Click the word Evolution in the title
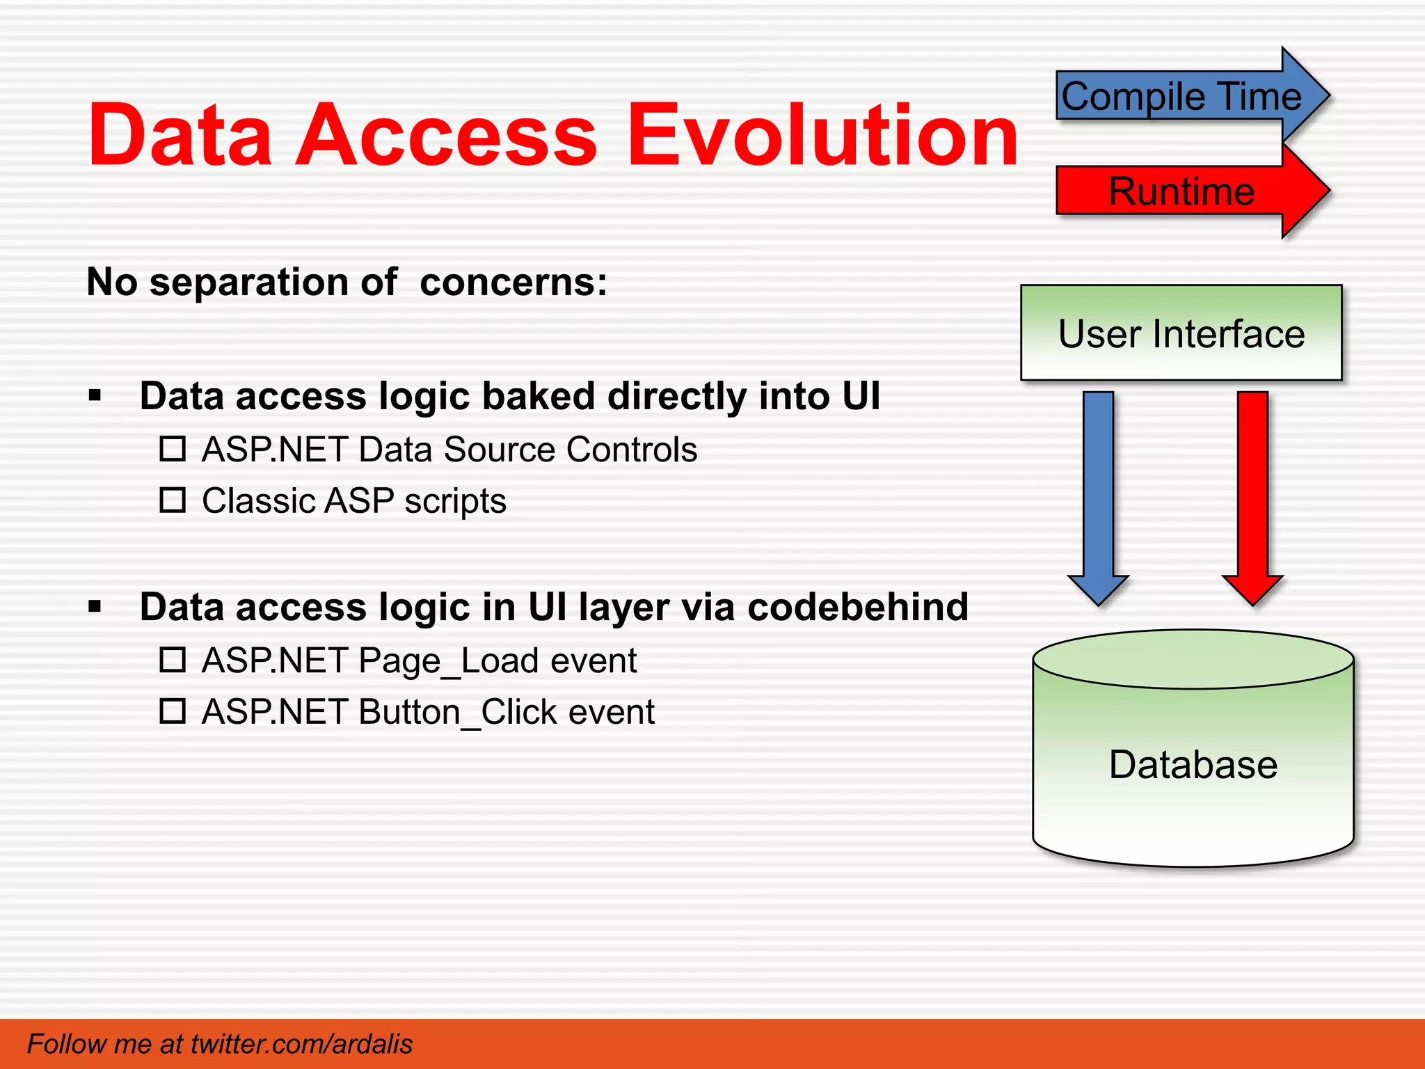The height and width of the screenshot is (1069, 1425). tap(823, 135)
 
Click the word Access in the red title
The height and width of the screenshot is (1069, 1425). tap(446, 135)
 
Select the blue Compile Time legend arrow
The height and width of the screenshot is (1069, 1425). tap(1183, 96)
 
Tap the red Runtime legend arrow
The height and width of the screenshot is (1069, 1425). tap(1183, 191)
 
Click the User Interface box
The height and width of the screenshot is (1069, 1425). tap(1181, 333)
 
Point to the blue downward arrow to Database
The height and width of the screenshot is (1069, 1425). tap(1098, 494)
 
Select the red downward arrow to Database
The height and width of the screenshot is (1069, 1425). tap(1252, 494)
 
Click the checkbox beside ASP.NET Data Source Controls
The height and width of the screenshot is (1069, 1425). tap(173, 449)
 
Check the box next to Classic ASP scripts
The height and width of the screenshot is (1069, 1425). tap(173, 500)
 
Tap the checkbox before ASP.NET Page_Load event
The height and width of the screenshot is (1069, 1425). tap(173, 660)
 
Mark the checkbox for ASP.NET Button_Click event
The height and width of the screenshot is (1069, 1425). tap(173, 711)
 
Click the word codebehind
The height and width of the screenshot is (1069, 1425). tap(858, 607)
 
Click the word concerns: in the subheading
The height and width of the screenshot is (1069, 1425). tap(514, 283)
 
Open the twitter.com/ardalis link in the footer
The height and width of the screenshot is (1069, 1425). tap(301, 1044)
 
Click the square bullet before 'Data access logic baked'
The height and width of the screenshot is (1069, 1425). tap(95, 397)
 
